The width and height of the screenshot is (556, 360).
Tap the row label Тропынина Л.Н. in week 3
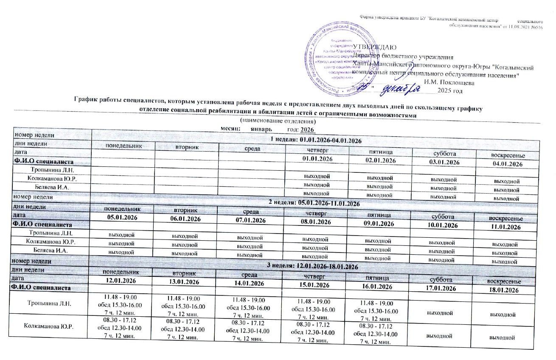[x=49, y=303]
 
